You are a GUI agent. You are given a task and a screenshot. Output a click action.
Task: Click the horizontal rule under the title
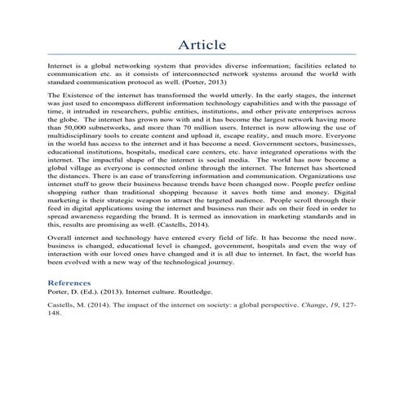[x=202, y=55]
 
